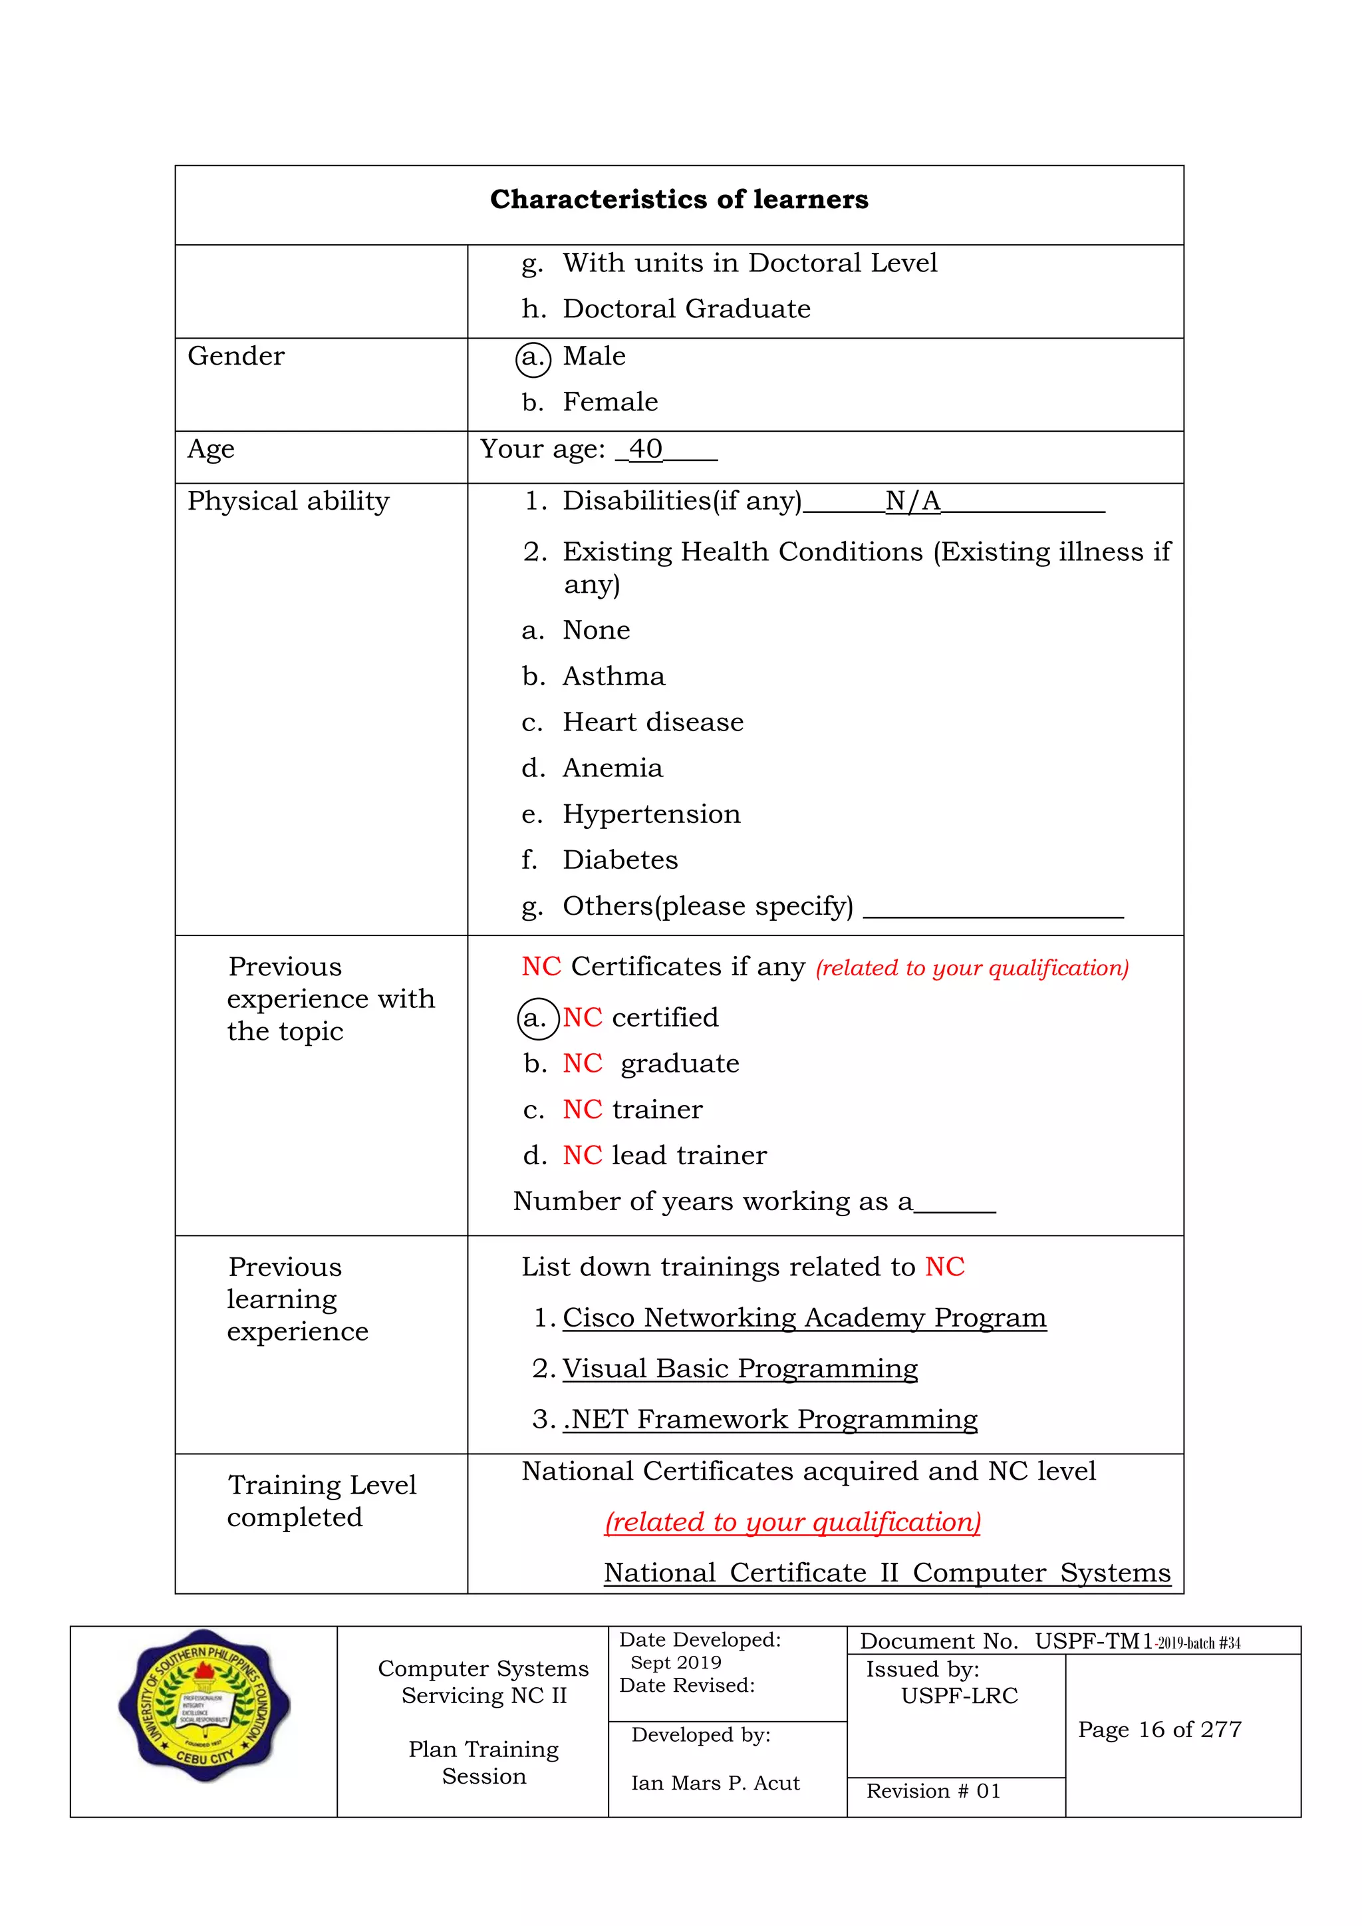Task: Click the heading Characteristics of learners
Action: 678,200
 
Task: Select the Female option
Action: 610,402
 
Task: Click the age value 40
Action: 645,450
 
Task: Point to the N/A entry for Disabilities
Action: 912,502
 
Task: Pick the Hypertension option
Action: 651,814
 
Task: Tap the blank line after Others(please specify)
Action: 992,909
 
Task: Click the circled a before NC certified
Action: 537,1019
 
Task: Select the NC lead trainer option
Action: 664,1156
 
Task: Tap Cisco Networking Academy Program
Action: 803,1318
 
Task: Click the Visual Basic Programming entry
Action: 740,1369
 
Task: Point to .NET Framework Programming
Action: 769,1419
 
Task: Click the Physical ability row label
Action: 288,502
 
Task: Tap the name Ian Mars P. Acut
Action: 714,1784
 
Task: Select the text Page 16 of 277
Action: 1159,1730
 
